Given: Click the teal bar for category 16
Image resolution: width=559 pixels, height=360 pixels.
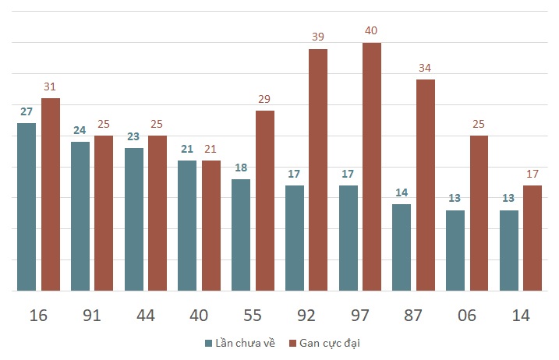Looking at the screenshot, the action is click(x=27, y=207).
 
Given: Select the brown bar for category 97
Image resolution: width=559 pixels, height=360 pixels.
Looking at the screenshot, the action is click(x=372, y=167).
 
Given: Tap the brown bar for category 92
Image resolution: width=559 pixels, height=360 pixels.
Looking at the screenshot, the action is click(x=318, y=170).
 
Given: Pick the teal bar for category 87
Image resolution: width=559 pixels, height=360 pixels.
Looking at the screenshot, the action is click(x=402, y=247).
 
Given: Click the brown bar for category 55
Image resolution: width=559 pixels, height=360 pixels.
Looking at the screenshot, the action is click(x=265, y=201).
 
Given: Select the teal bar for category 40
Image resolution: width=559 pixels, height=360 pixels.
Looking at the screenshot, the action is click(x=187, y=226).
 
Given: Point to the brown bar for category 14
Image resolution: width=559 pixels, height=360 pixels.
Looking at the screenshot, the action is click(x=532, y=238).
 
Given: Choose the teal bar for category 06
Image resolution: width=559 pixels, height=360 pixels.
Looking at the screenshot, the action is click(x=455, y=251).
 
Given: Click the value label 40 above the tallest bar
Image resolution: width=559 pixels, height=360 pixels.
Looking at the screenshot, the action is click(x=371, y=30).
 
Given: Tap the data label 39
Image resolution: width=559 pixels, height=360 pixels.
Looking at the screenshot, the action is click(x=318, y=37).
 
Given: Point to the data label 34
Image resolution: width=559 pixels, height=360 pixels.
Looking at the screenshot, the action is click(x=425, y=68).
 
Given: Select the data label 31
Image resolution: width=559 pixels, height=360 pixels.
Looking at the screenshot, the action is click(x=50, y=86).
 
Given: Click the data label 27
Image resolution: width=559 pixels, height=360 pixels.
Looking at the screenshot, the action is click(x=27, y=111).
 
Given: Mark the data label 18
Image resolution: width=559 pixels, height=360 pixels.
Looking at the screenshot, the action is click(x=241, y=168).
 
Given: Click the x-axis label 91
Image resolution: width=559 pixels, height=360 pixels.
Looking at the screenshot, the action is click(x=92, y=316).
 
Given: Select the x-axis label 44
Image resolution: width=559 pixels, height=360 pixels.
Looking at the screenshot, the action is click(x=146, y=316).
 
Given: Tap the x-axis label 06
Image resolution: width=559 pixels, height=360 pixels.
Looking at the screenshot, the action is click(x=467, y=316).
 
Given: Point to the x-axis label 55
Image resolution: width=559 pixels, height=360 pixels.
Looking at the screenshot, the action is click(x=253, y=316).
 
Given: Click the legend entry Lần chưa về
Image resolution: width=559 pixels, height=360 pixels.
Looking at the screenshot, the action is click(x=240, y=344).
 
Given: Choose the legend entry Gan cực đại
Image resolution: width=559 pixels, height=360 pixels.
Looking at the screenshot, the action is click(x=325, y=344).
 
